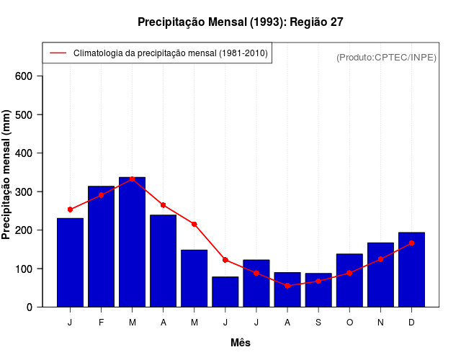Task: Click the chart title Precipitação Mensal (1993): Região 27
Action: click(x=240, y=22)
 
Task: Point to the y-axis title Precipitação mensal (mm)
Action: click(x=7, y=174)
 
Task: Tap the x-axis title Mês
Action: click(x=241, y=343)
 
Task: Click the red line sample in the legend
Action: click(x=58, y=53)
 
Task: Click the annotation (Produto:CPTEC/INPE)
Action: click(x=386, y=57)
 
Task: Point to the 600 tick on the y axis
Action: click(x=29, y=76)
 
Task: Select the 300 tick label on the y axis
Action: click(x=29, y=192)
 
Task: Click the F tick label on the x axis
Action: click(x=101, y=323)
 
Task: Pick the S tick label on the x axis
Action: click(x=318, y=323)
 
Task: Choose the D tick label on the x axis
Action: click(x=411, y=323)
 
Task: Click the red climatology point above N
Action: click(x=380, y=259)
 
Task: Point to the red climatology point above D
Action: click(x=411, y=243)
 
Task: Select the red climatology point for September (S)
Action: click(x=318, y=281)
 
